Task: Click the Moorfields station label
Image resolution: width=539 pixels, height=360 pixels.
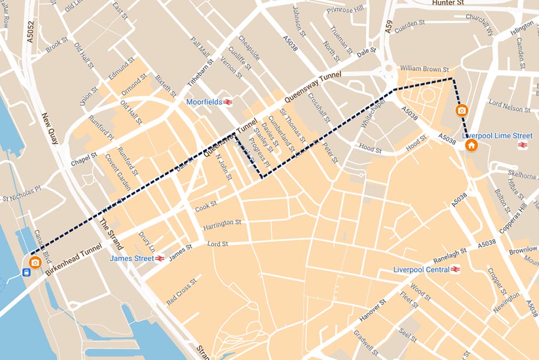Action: (205, 102)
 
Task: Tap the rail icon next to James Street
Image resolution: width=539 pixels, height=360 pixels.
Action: (160, 258)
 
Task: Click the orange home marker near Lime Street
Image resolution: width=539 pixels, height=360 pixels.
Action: (471, 146)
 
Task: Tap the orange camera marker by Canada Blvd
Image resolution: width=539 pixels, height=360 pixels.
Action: (35, 262)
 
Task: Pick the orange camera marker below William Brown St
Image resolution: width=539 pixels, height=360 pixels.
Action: (462, 110)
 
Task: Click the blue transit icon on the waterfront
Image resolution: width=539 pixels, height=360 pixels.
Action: (26, 273)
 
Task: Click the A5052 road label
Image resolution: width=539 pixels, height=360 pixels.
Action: (30, 34)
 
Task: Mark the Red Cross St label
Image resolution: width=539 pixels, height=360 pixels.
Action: (182, 292)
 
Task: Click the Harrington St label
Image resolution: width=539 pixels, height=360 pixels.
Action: (222, 222)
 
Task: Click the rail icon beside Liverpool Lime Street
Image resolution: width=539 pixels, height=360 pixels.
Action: (523, 145)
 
